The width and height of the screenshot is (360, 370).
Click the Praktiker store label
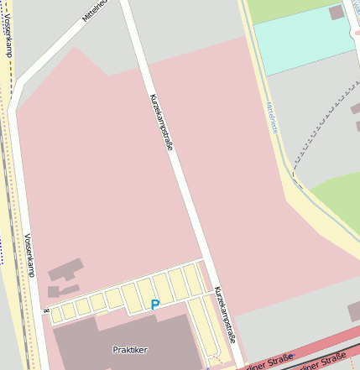click(x=129, y=349)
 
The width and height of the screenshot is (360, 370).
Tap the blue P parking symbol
click(x=154, y=305)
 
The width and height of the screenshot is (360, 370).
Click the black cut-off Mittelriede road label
click(x=95, y=10)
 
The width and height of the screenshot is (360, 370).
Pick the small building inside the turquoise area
click(x=337, y=13)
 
